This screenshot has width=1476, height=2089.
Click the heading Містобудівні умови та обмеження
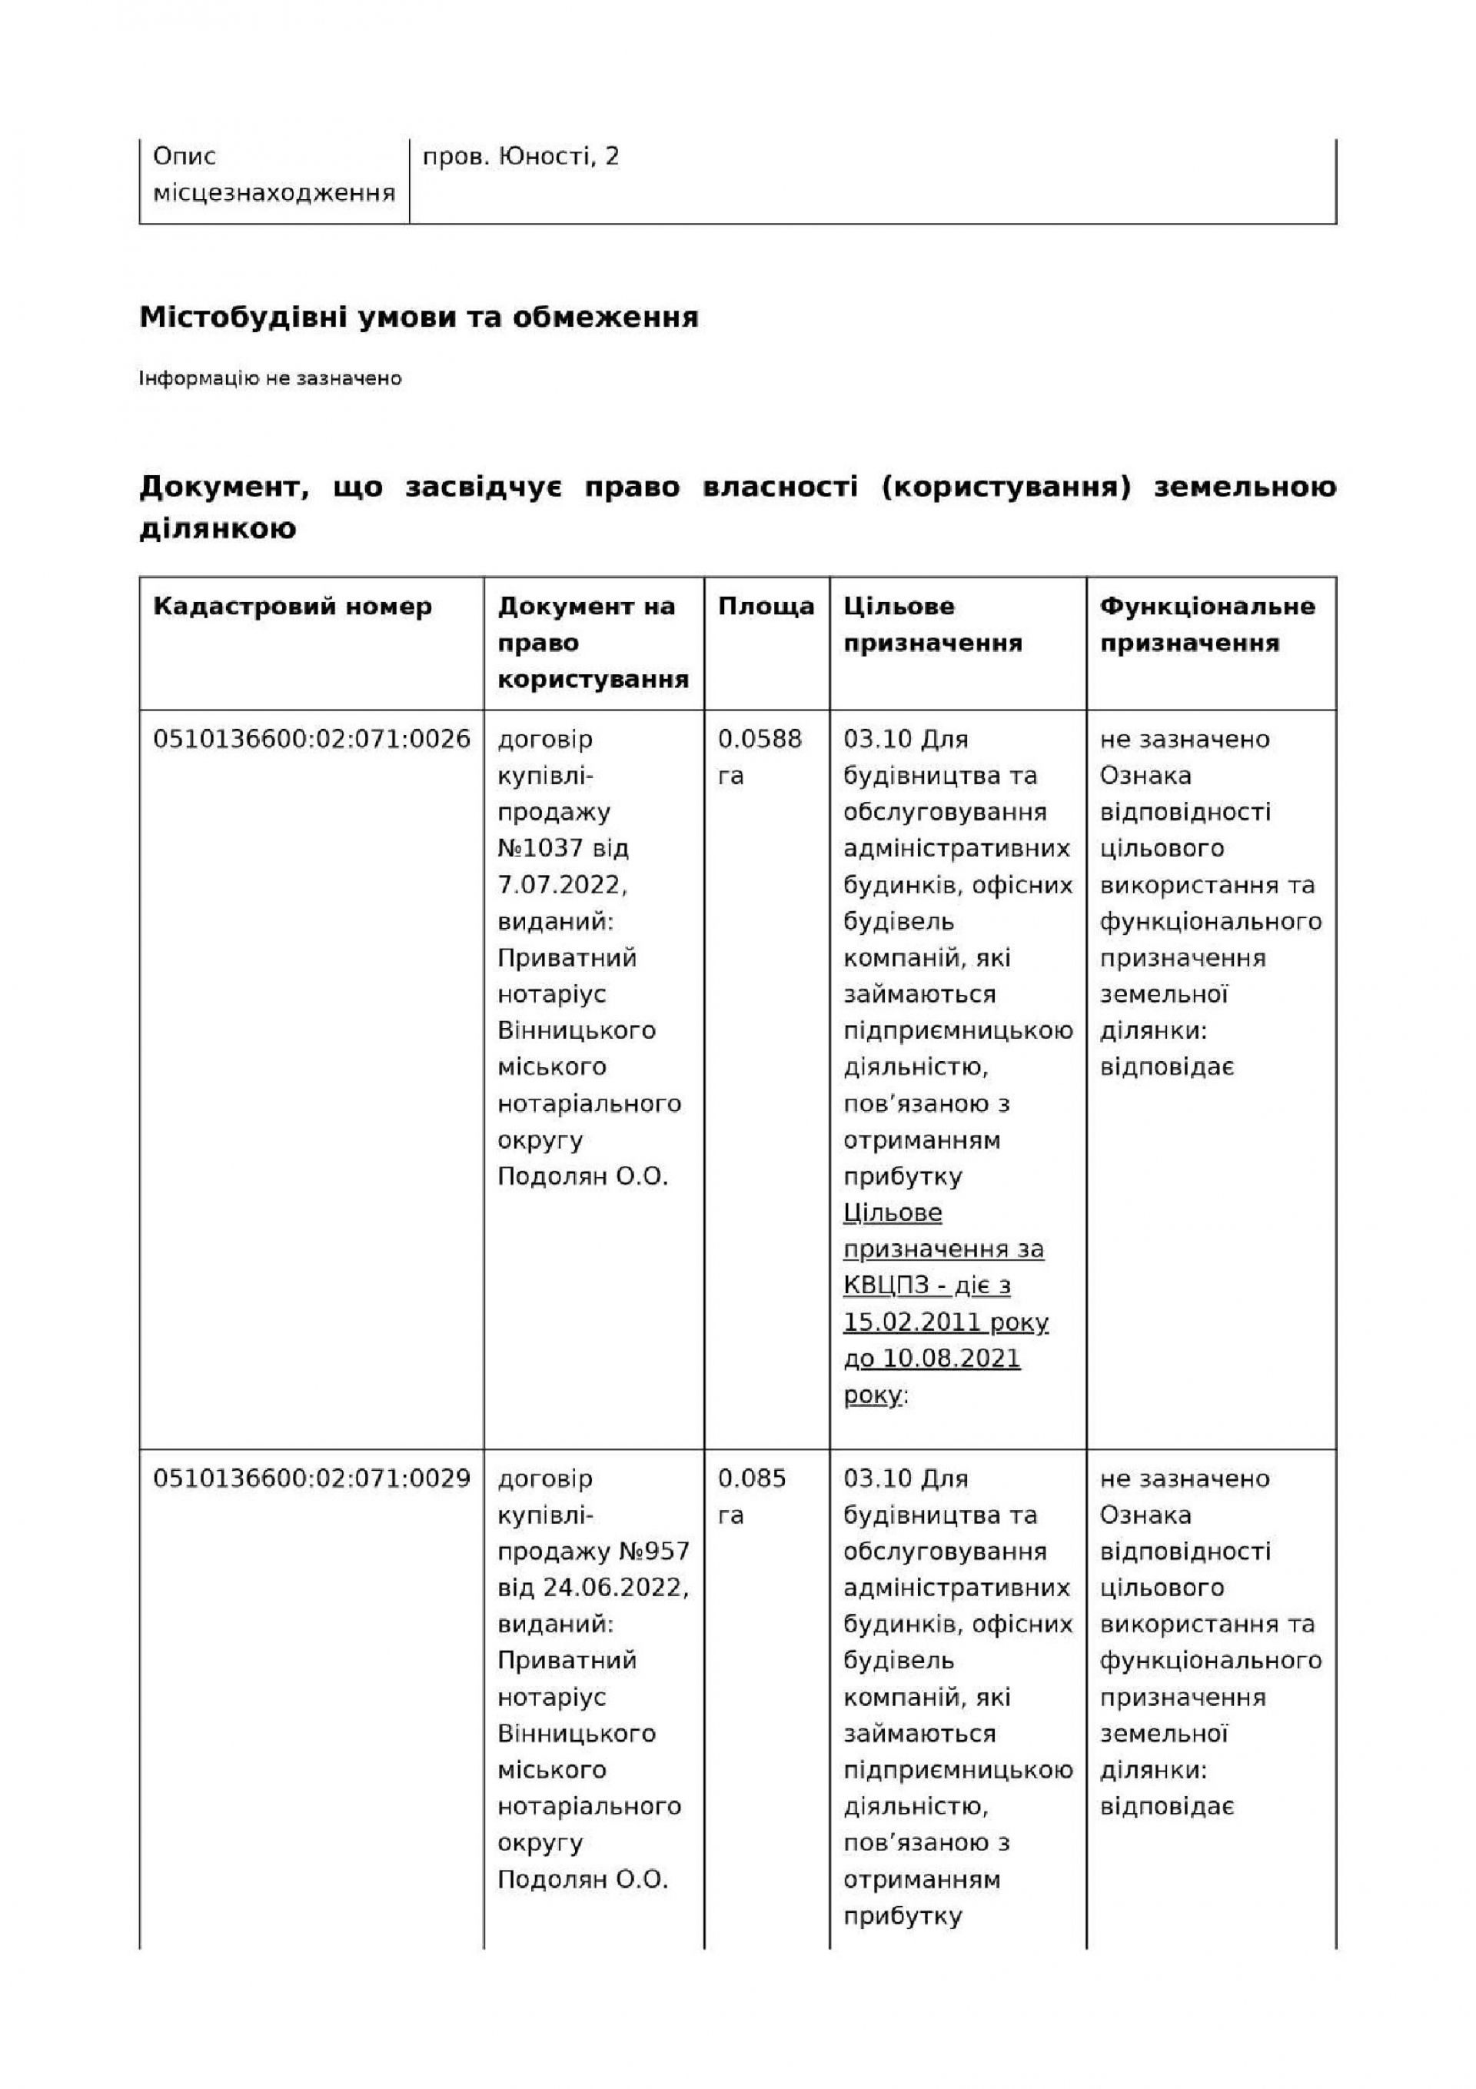[x=419, y=318]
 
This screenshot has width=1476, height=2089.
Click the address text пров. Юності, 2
[x=520, y=157]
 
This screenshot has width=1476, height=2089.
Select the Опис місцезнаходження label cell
[x=273, y=175]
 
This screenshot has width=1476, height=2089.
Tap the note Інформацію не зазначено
[x=271, y=378]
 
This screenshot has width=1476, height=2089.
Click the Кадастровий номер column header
[x=292, y=606]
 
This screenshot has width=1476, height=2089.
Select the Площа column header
[x=766, y=606]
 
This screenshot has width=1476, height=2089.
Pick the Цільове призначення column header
[x=932, y=624]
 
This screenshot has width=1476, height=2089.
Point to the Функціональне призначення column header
[x=1208, y=624]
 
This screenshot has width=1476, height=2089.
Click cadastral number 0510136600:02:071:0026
[x=311, y=739]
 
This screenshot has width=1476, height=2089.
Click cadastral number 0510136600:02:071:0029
[x=311, y=1479]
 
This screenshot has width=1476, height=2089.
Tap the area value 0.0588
[x=760, y=739]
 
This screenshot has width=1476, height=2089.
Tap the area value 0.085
[x=752, y=1479]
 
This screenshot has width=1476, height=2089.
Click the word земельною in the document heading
[x=1245, y=487]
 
